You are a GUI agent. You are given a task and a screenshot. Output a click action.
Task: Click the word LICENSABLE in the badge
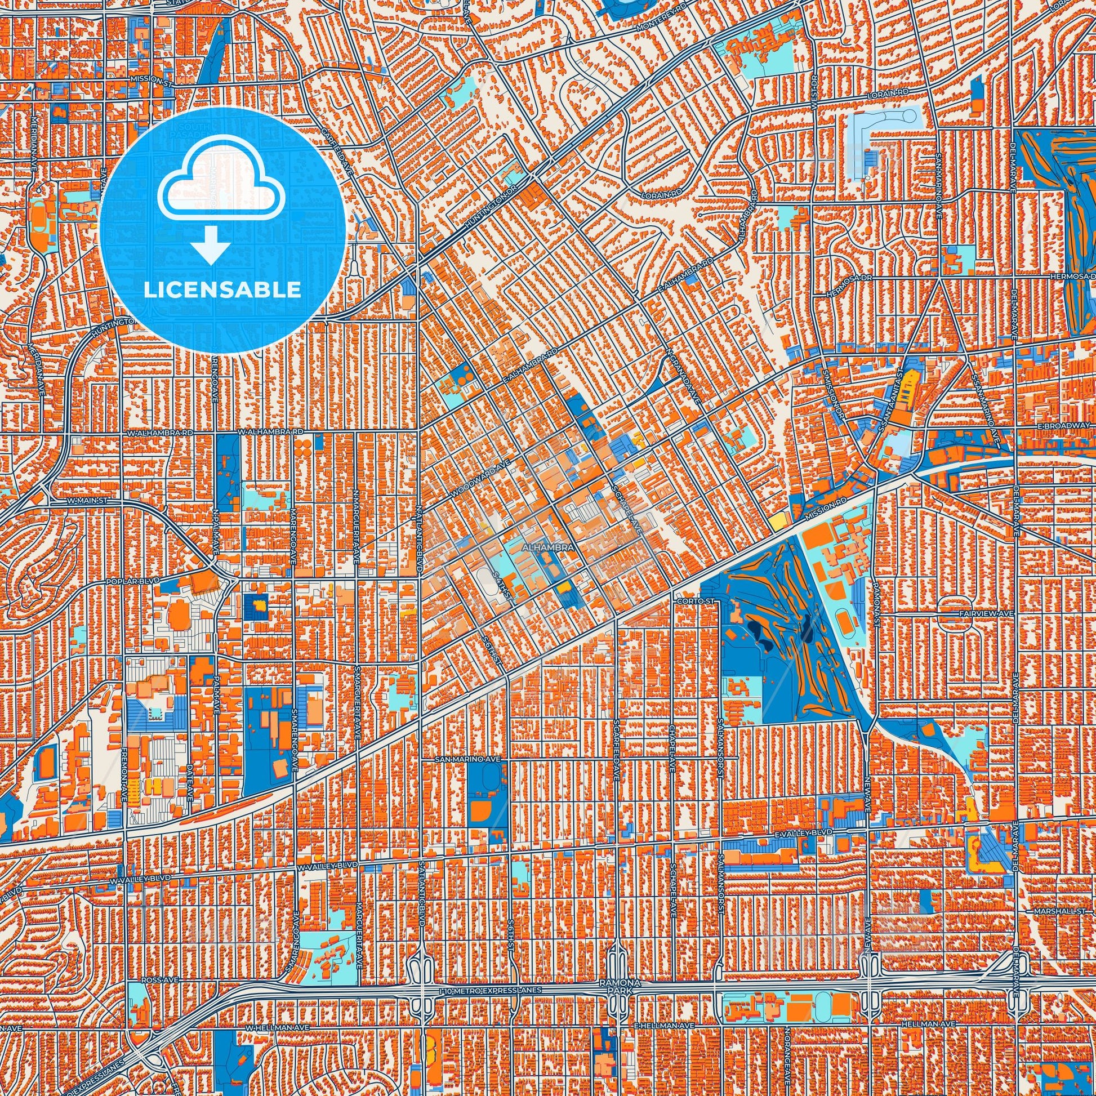tap(222, 290)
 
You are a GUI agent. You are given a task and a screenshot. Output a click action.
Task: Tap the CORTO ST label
tap(689, 600)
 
